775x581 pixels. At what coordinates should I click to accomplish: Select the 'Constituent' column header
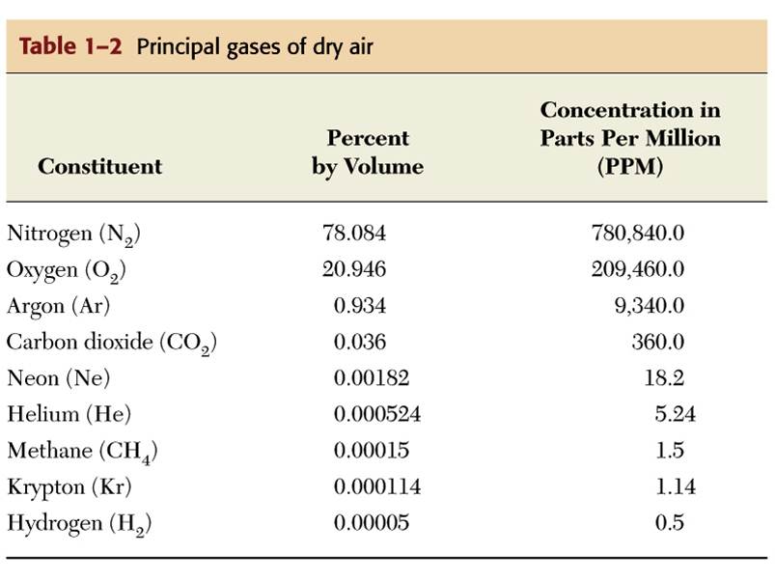99,166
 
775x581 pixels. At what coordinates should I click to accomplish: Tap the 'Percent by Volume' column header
367,152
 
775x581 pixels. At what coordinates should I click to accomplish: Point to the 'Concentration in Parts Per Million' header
630,138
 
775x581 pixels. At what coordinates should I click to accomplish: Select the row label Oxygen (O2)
67,270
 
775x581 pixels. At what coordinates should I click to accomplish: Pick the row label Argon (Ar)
58,306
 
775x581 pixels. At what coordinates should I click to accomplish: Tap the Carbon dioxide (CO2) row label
111,343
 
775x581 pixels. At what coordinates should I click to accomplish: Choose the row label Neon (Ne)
58,378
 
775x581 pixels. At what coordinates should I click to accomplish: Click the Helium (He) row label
69,415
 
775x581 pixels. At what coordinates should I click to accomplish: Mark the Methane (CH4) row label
82,451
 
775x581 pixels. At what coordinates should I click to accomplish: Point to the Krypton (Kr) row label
69,486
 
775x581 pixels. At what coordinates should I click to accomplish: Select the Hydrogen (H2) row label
79,523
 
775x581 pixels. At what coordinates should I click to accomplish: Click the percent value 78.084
354,233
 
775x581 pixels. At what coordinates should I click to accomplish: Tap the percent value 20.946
354,269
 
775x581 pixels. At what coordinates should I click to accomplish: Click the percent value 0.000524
377,414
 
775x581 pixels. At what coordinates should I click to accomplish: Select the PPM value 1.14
676,486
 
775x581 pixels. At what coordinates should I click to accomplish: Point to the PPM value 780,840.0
637,233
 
